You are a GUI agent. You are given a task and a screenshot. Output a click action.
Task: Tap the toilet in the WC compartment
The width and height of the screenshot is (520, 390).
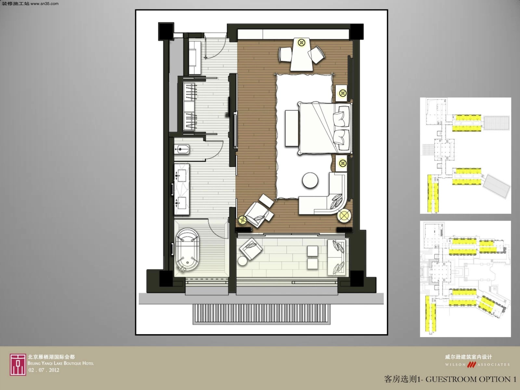182,149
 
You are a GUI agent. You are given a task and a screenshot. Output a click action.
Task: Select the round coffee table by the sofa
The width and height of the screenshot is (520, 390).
310,180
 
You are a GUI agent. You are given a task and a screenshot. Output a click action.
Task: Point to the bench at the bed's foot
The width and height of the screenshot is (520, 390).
292,128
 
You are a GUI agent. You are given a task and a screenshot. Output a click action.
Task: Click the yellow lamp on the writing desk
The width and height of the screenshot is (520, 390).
301,43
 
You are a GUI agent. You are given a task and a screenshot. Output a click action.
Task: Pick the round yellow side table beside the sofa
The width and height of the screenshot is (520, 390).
344,216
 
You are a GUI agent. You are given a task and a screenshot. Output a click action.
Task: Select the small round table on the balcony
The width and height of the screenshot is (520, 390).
242,261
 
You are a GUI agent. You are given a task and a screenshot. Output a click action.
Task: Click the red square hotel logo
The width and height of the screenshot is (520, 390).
18,365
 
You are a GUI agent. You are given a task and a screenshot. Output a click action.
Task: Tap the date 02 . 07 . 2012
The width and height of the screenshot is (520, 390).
44,370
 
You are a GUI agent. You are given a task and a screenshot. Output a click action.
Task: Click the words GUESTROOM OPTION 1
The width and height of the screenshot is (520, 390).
471,379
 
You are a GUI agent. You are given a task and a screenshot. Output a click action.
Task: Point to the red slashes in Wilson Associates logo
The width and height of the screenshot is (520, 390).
472,364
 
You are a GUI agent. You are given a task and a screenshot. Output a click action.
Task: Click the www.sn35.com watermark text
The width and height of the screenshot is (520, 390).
44,4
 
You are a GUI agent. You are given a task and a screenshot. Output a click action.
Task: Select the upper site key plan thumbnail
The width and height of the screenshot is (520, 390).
465,156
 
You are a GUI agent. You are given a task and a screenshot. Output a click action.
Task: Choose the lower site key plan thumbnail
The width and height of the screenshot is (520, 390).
465,279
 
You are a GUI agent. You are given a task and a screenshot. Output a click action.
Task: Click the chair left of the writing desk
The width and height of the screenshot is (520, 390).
286,54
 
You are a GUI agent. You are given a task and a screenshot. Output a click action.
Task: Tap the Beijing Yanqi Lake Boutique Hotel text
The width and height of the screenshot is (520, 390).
61,363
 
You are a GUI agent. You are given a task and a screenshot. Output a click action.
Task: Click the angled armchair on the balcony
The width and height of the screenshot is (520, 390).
251,249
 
